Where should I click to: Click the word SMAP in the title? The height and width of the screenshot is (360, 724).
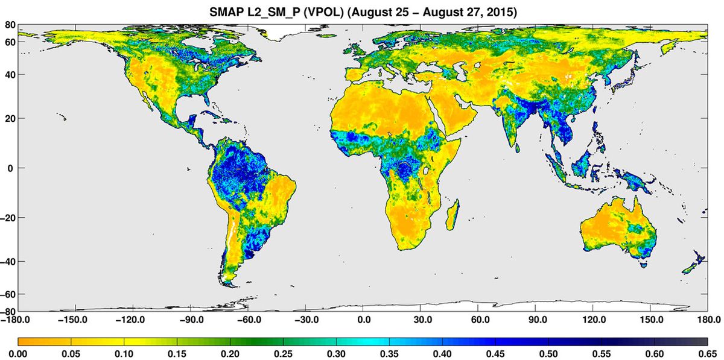[223, 11]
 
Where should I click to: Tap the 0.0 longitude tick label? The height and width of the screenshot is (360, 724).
[364, 320]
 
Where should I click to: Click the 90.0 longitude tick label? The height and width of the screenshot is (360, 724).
[538, 320]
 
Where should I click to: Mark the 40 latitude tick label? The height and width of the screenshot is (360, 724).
[10, 75]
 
